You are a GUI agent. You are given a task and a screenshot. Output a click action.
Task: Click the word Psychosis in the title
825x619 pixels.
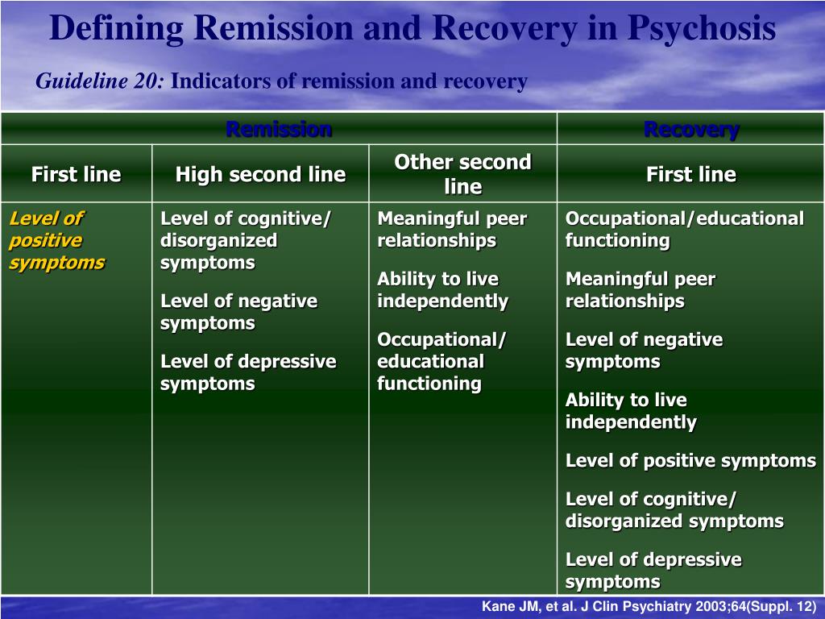(x=702, y=28)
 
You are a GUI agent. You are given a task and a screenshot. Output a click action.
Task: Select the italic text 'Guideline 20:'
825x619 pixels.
(x=100, y=81)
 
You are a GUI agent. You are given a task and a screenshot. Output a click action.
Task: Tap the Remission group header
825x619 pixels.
(x=279, y=129)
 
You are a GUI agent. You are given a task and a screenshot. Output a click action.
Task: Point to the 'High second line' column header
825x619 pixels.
(x=260, y=174)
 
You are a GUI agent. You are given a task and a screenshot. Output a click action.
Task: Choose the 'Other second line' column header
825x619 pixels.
(x=463, y=174)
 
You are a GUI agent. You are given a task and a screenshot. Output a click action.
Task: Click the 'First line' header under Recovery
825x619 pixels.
(x=691, y=174)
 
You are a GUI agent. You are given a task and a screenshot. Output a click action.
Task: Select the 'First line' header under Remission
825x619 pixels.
(x=77, y=174)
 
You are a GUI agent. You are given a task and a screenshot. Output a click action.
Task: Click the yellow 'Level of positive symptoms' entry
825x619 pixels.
(x=57, y=240)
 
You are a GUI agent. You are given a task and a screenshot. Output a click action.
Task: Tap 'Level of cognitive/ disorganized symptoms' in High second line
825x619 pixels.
(x=246, y=240)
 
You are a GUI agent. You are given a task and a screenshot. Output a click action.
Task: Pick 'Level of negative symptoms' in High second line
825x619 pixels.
(x=238, y=312)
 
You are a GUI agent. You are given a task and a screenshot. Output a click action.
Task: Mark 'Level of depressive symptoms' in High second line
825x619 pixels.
(x=248, y=372)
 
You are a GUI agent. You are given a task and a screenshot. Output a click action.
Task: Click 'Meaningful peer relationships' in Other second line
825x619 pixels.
(x=452, y=230)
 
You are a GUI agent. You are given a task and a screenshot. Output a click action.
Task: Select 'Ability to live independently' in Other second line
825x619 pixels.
(x=442, y=290)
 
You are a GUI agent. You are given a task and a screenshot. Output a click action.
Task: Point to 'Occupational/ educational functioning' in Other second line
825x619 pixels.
(x=442, y=362)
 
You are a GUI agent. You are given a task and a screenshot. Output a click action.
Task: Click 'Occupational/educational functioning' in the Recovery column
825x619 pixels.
(x=685, y=230)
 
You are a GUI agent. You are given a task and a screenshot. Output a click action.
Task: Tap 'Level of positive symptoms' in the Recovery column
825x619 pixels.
(x=690, y=461)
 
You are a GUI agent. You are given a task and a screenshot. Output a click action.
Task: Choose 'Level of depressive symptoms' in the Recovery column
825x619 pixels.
(x=653, y=571)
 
